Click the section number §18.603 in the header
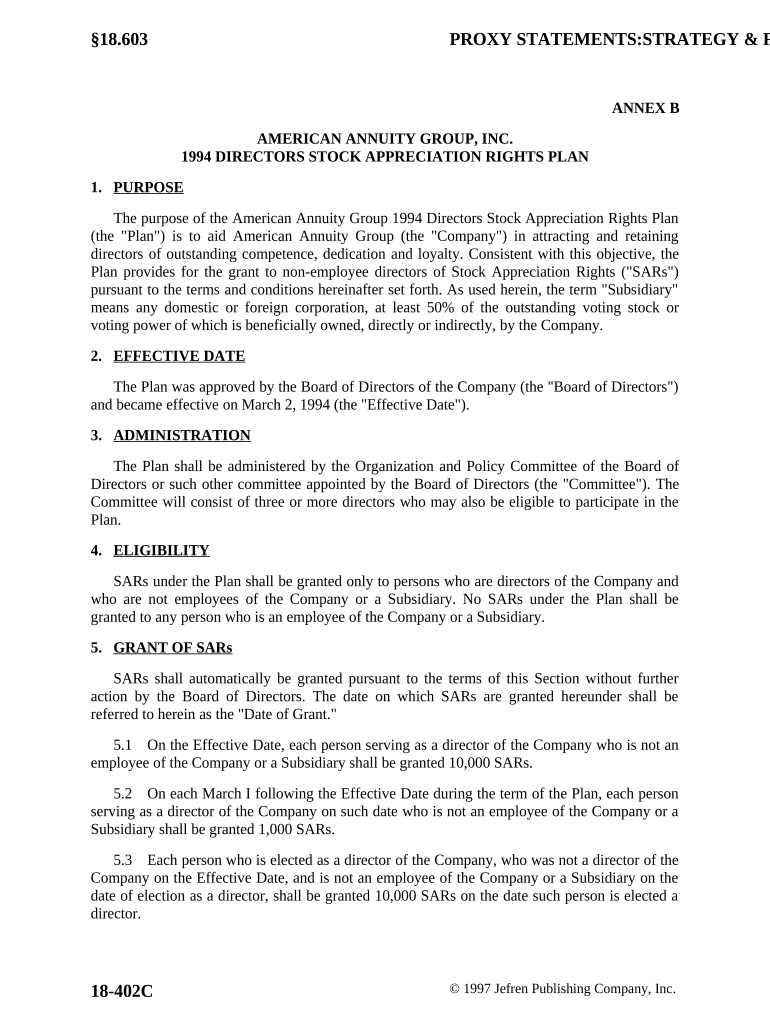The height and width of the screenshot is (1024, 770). pos(119,40)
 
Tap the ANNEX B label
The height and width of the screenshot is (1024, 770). pos(645,108)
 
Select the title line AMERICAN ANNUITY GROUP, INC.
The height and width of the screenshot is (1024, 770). pos(385,139)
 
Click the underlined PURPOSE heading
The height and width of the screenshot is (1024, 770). pos(148,187)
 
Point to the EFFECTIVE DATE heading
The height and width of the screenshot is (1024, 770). pos(179,356)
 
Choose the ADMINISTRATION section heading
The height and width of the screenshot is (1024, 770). pos(182,435)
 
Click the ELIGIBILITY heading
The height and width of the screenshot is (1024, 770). pos(161,550)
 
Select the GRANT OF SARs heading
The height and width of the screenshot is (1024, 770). pos(172,647)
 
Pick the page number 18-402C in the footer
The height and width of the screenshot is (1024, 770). pos(122,991)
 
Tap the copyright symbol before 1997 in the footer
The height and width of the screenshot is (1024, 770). pos(455,989)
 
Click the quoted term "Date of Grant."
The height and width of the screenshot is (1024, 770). pos(288,715)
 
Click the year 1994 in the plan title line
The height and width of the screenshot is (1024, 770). pos(198,157)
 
